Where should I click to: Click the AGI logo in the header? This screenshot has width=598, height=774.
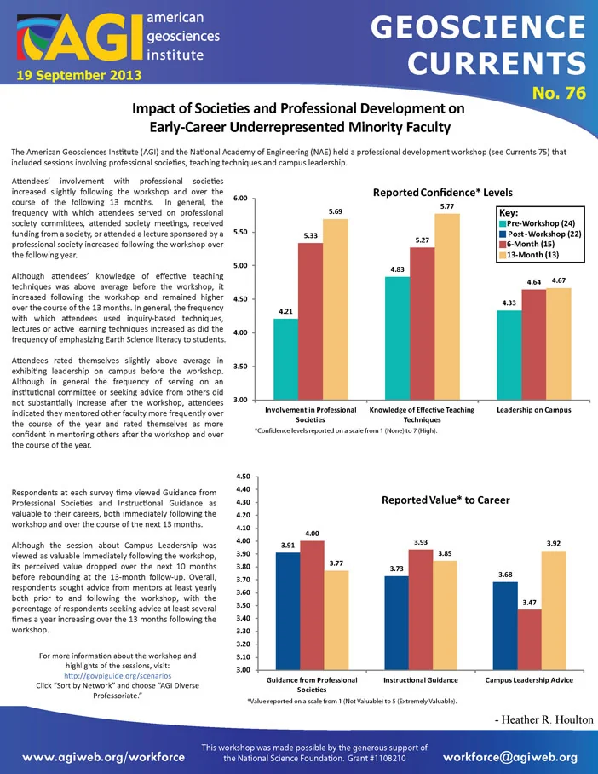coord(79,38)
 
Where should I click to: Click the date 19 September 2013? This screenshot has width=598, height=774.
coord(79,76)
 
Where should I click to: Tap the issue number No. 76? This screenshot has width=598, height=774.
coord(559,93)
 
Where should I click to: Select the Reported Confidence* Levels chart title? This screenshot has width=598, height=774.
coord(443,193)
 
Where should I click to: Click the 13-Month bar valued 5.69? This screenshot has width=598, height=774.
coord(336,309)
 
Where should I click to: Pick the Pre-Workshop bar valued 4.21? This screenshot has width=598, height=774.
coord(285,359)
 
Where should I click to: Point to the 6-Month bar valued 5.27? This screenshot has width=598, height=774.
coord(423,323)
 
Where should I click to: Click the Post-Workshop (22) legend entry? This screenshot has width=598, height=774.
coord(540,234)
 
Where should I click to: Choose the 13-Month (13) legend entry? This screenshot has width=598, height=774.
coord(529,255)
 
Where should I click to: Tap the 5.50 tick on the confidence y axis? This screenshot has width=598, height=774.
coord(239,232)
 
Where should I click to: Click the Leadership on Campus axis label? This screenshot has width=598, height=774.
coord(534,410)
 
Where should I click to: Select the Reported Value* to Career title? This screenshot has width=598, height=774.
coord(446,500)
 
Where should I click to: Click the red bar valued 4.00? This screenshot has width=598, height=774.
coord(313,605)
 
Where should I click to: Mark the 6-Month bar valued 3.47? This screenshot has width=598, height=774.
coord(529,639)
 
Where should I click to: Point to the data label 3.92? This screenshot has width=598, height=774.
coord(554,543)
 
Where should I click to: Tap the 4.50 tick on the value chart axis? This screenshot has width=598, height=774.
coord(244,477)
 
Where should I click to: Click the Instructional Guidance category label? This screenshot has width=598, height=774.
coord(421,679)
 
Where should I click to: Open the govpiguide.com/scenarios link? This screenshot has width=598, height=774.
coord(118,676)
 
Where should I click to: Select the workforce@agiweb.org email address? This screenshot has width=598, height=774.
coord(510,757)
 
